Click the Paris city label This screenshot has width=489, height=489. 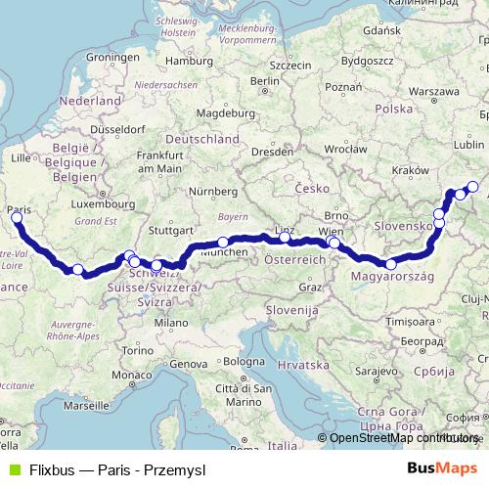tap(18, 208)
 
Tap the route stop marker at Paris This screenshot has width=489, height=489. tap(16, 217)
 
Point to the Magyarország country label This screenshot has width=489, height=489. tap(390, 277)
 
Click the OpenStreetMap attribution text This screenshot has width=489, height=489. tap(404, 438)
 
